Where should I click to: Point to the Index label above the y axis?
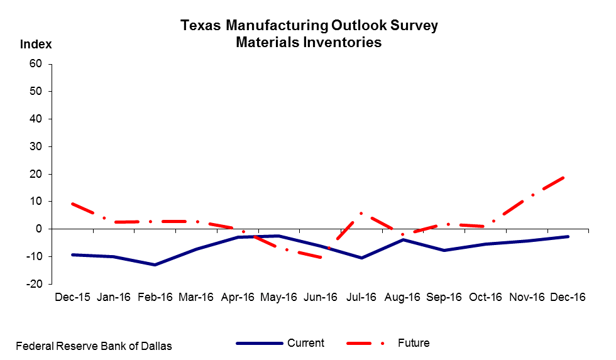point(36,45)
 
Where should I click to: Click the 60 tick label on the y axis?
point(35,64)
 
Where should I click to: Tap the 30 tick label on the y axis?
point(35,146)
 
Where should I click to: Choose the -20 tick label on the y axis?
point(33,284)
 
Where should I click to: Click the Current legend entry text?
point(305,343)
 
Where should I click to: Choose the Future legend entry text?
point(414,343)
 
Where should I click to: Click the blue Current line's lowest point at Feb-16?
point(155,265)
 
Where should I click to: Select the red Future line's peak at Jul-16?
point(361,213)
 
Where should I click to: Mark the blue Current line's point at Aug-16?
point(403,239)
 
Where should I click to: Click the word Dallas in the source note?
point(156,346)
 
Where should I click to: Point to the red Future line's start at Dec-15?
point(73,204)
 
